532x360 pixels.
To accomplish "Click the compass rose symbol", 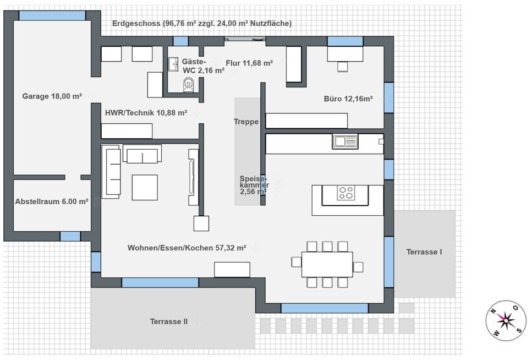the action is point(506,320).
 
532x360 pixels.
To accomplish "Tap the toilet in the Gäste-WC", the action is point(188,84).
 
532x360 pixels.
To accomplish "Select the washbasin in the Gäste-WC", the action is point(173,64).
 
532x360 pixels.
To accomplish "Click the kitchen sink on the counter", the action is point(345,141).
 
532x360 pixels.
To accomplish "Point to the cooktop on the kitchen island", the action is point(346,193).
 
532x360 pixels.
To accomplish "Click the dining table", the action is point(327,264).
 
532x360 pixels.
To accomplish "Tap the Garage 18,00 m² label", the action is point(52,96).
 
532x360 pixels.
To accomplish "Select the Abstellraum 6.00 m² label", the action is point(52,201).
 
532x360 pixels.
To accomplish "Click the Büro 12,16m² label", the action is point(348,99).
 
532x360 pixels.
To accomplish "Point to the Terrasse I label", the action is point(424,252).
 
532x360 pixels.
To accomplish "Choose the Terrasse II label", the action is point(169,321).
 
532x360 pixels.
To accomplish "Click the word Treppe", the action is point(246,122).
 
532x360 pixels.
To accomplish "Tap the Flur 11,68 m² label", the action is point(249,63).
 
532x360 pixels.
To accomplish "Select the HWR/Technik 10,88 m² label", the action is point(146,113).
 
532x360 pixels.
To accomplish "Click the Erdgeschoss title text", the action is point(202,24).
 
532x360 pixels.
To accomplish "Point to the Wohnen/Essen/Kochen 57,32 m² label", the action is point(187,248).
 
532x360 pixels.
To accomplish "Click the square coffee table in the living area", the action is point(145,188).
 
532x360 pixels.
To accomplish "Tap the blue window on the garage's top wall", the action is point(52,15).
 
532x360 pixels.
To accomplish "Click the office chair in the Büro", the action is point(343,67).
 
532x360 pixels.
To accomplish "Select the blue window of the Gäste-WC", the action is point(181,41).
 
